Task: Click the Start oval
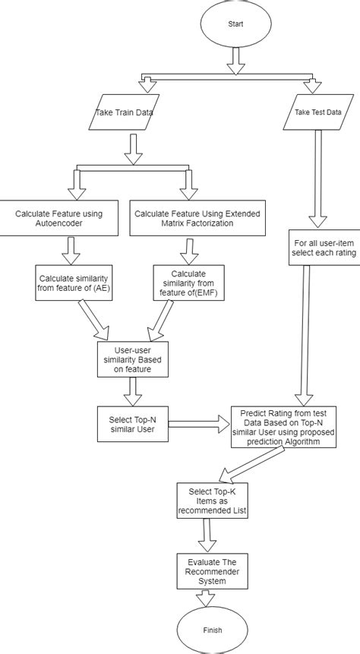pyautogui.click(x=235, y=24)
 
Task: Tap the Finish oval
pyautogui.click(x=213, y=630)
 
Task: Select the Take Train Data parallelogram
pyautogui.click(x=125, y=112)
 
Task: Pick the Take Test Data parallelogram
pyautogui.click(x=318, y=112)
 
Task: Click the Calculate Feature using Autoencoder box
pyautogui.click(x=59, y=218)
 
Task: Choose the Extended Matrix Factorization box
pyautogui.click(x=197, y=218)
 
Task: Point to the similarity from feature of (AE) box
pyautogui.click(x=74, y=283)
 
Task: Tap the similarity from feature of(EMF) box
pyautogui.click(x=188, y=283)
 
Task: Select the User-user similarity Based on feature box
pyautogui.click(x=133, y=359)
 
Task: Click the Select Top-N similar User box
pyautogui.click(x=133, y=424)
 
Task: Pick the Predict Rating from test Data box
pyautogui.click(x=283, y=427)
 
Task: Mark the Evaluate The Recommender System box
pyautogui.click(x=213, y=571)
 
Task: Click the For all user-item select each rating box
pyautogui.click(x=324, y=248)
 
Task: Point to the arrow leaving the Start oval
pyautogui.click(x=235, y=61)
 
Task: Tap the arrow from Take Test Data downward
pyautogui.click(x=318, y=179)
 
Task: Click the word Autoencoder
pyautogui.click(x=59, y=223)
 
